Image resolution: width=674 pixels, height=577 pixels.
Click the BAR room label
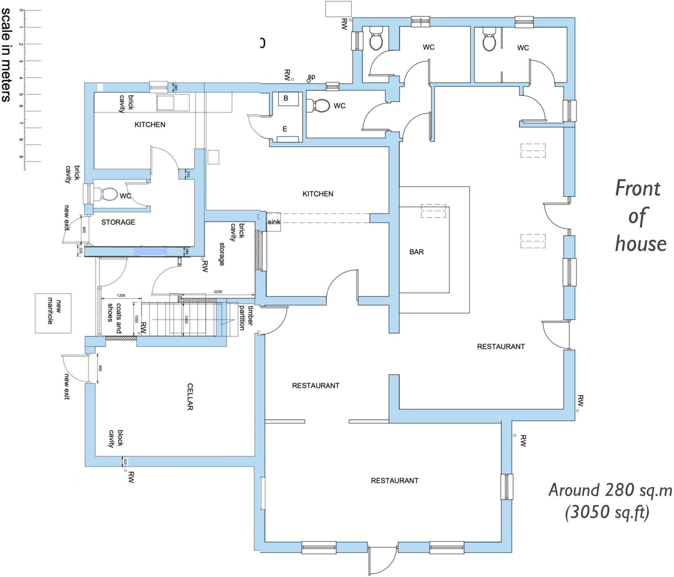pyautogui.click(x=416, y=252)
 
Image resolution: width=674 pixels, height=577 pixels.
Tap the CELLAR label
pyautogui.click(x=190, y=397)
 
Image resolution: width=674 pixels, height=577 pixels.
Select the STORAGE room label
pyautogui.click(x=118, y=222)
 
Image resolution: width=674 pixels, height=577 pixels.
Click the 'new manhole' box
pyautogui.click(x=53, y=313)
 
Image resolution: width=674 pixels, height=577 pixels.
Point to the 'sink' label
pyautogui.click(x=273, y=222)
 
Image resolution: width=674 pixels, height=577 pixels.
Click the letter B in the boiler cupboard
pyautogui.click(x=286, y=98)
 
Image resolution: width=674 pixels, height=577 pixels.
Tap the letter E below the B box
pyautogui.click(x=285, y=129)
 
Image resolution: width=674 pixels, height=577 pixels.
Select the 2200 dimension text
pyautogui.click(x=218, y=292)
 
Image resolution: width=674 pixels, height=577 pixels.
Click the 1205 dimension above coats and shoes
pyautogui.click(x=121, y=295)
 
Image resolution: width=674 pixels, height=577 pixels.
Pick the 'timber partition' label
pyautogui.click(x=246, y=318)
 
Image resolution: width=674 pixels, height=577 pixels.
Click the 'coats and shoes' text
pyautogui.click(x=115, y=316)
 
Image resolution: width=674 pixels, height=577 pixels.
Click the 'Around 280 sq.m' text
pyautogui.click(x=610, y=490)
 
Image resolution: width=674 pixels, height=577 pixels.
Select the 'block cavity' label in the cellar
pyautogui.click(x=116, y=438)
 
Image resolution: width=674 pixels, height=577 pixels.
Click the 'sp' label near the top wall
pyautogui.click(x=311, y=77)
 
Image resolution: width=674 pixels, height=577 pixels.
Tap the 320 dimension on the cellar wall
pyautogui.click(x=125, y=461)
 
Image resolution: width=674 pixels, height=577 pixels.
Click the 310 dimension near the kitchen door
pyautogui.click(x=188, y=174)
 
